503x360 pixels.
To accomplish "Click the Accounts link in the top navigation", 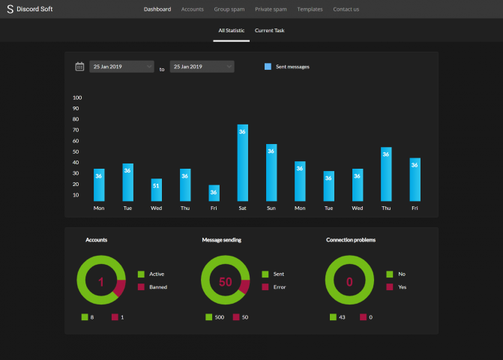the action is [192, 9].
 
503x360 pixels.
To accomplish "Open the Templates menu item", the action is [310, 9].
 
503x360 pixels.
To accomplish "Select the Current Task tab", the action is [269, 31].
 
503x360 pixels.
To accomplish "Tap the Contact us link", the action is [346, 9].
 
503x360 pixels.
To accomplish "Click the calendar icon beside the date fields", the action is [79, 67].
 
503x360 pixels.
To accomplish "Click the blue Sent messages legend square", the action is [268, 67].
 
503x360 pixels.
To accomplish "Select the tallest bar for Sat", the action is [243, 163].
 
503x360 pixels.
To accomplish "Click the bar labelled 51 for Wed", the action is [156, 190].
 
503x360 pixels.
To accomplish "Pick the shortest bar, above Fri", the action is [214, 193].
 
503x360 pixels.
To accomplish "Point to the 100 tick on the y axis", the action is [77, 97].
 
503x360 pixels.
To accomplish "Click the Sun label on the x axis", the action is [271, 208].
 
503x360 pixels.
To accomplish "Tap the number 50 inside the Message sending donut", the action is [225, 282].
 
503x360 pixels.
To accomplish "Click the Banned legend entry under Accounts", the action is [158, 286].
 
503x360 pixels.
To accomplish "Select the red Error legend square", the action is [265, 286].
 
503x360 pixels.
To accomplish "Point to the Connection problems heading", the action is [351, 240].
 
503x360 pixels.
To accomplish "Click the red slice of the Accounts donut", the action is [119, 287].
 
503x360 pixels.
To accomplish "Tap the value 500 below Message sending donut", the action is [220, 317].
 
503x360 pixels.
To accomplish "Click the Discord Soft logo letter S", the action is [10, 9].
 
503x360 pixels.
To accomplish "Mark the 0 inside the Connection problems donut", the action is [349, 282].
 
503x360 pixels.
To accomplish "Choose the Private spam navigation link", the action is [271, 9].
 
